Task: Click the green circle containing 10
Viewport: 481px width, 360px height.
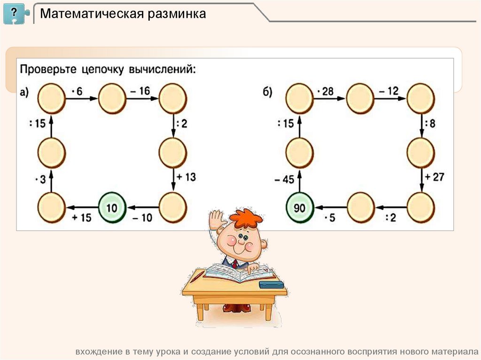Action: tap(112, 207)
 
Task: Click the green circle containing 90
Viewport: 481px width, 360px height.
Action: tap(299, 207)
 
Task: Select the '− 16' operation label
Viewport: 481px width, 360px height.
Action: tap(140, 91)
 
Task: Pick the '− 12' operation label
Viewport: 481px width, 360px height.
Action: tap(388, 91)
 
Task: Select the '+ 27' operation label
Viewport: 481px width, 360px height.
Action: tap(433, 177)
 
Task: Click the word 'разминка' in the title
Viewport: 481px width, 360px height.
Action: tap(178, 14)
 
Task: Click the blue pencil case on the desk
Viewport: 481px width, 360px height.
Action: tap(271, 283)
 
